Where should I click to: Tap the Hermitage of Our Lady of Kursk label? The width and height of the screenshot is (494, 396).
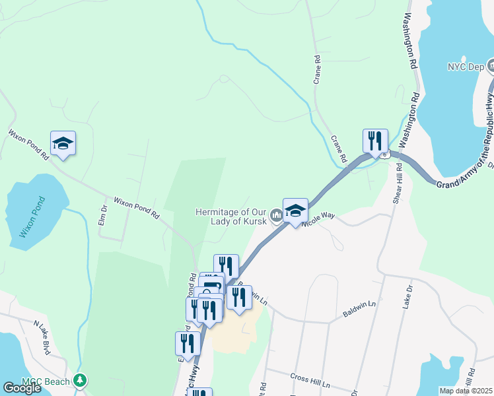click(x=231, y=216)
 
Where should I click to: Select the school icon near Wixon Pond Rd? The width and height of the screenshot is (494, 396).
click(x=63, y=143)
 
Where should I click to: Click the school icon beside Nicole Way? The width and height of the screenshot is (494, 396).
click(x=295, y=211)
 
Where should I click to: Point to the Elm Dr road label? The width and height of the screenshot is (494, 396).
click(x=103, y=214)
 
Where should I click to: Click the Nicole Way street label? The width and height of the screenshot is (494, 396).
click(x=319, y=219)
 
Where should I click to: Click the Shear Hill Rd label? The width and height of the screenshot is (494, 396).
click(x=398, y=185)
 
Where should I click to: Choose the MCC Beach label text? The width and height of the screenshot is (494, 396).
click(x=45, y=381)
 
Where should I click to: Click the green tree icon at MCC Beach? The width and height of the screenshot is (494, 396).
click(x=81, y=380)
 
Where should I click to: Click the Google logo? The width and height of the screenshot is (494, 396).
click(x=22, y=388)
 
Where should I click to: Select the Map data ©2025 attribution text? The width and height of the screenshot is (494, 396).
click(x=466, y=391)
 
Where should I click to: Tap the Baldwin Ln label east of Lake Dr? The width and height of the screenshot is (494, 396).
click(x=359, y=309)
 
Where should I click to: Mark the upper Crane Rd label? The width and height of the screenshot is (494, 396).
click(x=318, y=68)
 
